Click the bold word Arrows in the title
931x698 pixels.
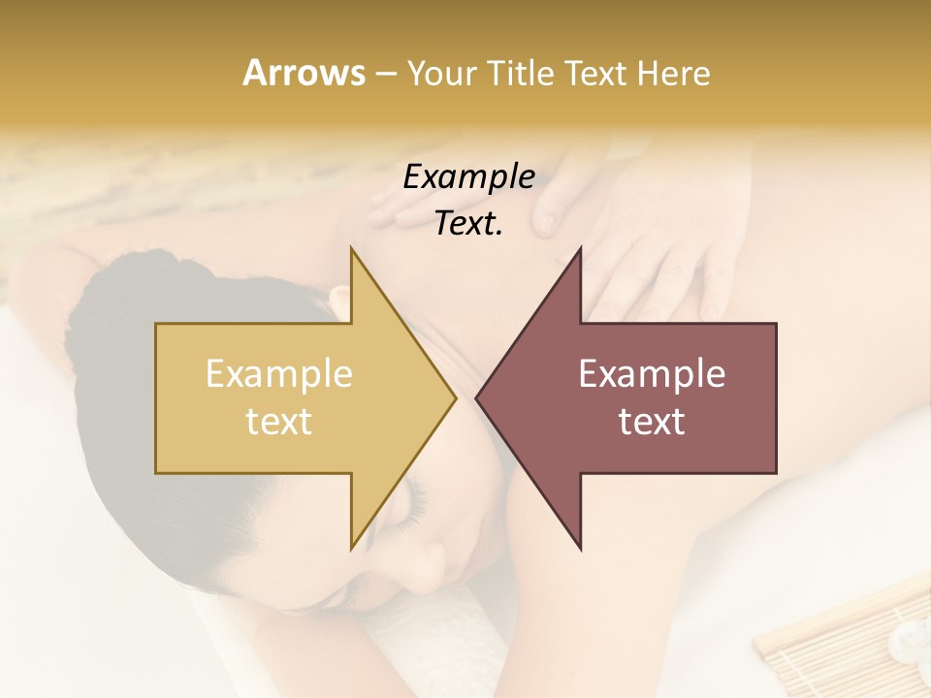(x=304, y=73)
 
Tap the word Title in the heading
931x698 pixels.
(x=518, y=74)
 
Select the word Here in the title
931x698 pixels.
(x=675, y=74)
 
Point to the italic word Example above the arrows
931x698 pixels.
(x=468, y=176)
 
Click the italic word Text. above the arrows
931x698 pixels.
(x=468, y=223)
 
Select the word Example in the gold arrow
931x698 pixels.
(x=279, y=374)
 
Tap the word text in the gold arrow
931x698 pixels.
(x=279, y=422)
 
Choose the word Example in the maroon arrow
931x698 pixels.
(x=652, y=374)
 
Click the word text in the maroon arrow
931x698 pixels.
(x=652, y=422)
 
